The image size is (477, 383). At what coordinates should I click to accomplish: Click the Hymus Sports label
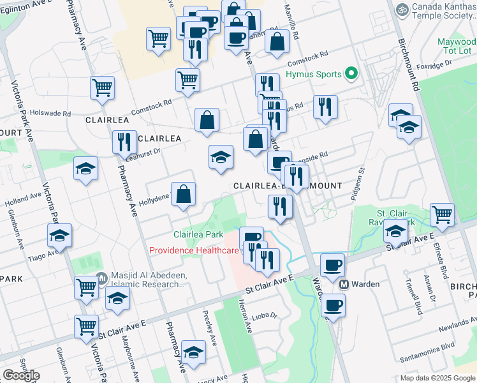click(x=314, y=75)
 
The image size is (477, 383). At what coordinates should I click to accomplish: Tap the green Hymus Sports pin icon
click(x=350, y=75)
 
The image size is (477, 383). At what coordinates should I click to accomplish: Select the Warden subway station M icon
click(x=343, y=284)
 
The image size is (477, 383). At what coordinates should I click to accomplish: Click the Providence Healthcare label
click(x=194, y=250)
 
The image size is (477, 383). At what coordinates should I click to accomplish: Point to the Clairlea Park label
click(x=196, y=235)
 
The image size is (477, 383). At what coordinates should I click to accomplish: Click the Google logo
click(x=21, y=375)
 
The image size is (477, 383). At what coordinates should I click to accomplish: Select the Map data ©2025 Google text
click(x=437, y=378)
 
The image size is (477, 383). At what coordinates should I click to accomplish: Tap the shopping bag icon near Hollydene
click(x=183, y=195)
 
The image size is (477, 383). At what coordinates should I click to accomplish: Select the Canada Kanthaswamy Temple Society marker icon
click(x=402, y=10)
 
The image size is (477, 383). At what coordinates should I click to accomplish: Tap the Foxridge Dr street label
click(x=434, y=63)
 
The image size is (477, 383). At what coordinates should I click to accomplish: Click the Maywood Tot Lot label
click(x=457, y=46)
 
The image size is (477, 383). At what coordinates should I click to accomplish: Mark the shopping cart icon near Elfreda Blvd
click(x=442, y=215)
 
